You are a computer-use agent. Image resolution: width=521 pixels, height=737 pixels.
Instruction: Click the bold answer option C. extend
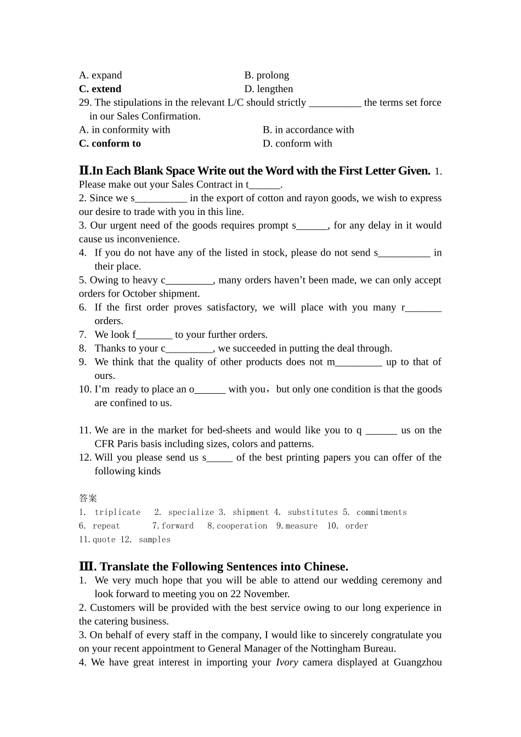click(100, 89)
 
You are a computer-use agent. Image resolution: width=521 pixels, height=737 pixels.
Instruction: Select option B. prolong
click(267, 75)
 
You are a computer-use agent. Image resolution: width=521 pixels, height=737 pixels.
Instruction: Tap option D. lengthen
click(269, 89)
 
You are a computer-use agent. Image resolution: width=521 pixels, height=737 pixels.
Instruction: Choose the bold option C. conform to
click(110, 144)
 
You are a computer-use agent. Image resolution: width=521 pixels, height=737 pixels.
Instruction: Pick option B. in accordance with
click(308, 130)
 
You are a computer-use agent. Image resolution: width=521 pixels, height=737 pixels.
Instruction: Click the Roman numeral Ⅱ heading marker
click(84, 171)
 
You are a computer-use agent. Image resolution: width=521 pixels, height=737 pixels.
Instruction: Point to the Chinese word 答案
click(88, 498)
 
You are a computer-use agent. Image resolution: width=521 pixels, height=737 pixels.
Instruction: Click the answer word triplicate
click(117, 512)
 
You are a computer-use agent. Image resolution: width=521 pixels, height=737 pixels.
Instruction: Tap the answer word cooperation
click(242, 526)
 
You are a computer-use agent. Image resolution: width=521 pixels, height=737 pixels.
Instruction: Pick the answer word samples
click(155, 540)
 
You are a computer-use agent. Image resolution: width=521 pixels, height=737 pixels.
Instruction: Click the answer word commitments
click(382, 512)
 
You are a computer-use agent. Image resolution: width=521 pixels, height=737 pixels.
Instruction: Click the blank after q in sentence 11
click(381, 431)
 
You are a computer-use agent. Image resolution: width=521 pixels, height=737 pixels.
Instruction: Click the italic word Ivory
click(287, 662)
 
